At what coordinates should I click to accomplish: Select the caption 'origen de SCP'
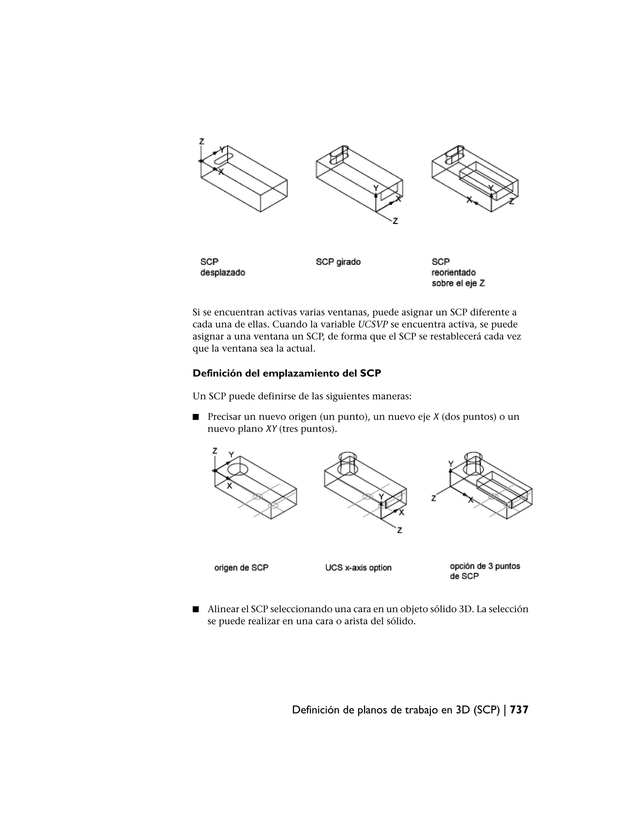(x=241, y=567)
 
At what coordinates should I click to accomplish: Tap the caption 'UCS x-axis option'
(x=358, y=567)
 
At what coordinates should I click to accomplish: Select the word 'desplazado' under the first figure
(x=223, y=273)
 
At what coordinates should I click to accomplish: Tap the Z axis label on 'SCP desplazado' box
(x=202, y=141)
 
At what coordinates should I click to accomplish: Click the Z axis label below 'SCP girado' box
(x=395, y=221)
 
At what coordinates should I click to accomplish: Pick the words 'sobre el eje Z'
(x=458, y=283)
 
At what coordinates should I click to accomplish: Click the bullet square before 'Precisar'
(x=196, y=417)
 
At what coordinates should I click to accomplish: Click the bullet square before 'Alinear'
(x=196, y=609)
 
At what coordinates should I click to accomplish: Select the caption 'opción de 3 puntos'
(x=485, y=566)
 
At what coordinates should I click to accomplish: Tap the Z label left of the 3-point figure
(x=434, y=498)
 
